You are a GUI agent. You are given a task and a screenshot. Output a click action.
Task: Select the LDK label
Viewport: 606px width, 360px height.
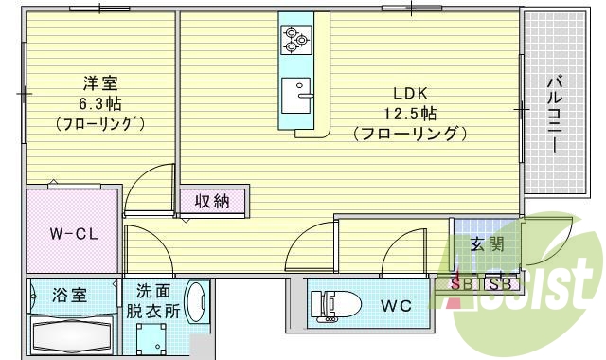pyautogui.click(x=412, y=93)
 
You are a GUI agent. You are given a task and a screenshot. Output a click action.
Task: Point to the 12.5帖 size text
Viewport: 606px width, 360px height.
pyautogui.click(x=412, y=113)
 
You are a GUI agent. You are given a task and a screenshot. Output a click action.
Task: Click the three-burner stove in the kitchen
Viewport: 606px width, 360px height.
pyautogui.click(x=292, y=39)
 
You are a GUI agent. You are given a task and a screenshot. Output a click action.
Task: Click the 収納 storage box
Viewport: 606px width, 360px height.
pyautogui.click(x=213, y=201)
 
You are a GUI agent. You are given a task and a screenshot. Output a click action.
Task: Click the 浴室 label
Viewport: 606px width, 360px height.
pyautogui.click(x=70, y=295)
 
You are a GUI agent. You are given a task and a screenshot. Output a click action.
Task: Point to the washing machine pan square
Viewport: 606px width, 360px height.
pyautogui.click(x=151, y=339)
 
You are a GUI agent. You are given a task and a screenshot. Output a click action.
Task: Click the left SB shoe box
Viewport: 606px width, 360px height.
pyautogui.click(x=465, y=283)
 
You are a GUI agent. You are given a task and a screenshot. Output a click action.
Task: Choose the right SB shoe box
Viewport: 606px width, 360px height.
pyautogui.click(x=501, y=283)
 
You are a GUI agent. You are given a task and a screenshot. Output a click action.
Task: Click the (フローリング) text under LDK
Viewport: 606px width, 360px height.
pyautogui.click(x=412, y=134)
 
